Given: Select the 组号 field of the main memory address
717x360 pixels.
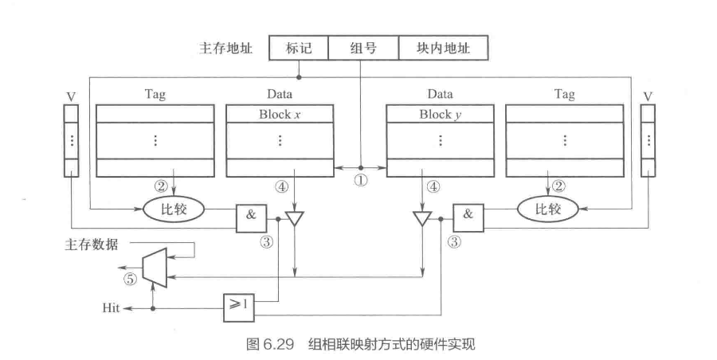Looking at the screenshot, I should (x=362, y=49).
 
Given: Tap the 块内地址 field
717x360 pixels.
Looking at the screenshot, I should (x=443, y=49).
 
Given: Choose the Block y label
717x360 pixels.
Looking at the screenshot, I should (x=440, y=114).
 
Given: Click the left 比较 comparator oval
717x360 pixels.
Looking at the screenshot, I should (x=172, y=209).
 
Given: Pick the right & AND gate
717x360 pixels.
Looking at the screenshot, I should (x=468, y=215).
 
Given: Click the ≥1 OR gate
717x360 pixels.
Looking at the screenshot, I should (x=238, y=303).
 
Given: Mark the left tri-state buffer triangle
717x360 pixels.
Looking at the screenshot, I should (x=295, y=217).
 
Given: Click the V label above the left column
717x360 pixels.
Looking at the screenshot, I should (x=71, y=97).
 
